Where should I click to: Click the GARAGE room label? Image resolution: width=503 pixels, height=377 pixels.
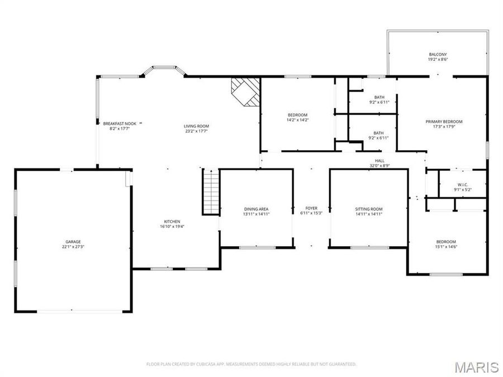[x=73, y=242]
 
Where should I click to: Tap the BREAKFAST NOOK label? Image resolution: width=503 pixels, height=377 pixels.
[x=120, y=123]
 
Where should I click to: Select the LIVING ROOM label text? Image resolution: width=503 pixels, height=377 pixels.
[x=196, y=126]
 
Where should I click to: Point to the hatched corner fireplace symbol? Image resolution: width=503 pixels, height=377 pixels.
[x=245, y=92]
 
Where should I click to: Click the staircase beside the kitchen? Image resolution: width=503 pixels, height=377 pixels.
[x=211, y=192]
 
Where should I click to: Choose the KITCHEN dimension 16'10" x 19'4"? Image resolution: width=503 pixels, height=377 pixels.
[x=172, y=226]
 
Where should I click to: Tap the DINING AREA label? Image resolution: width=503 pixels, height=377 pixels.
[x=256, y=209]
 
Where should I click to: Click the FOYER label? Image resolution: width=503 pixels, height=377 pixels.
[x=311, y=208]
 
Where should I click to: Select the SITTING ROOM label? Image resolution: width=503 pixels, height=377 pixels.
[x=369, y=209]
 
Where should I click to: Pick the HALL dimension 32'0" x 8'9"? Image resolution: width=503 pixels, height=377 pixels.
[x=380, y=166]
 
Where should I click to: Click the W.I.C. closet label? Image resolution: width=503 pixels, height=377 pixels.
[x=463, y=185]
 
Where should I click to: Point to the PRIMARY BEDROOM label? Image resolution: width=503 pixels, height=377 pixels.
[x=444, y=122]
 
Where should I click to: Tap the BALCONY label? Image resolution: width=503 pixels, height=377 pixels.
[x=438, y=55]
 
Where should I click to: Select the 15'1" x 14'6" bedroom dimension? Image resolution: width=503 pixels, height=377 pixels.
[x=446, y=246]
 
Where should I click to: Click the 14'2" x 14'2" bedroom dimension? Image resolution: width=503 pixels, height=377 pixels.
[x=297, y=120]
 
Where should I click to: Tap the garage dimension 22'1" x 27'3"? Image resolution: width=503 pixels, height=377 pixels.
[x=73, y=246]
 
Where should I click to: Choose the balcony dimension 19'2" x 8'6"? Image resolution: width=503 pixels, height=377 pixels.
[x=438, y=59]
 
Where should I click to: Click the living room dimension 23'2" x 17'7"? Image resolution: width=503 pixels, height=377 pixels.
[x=196, y=131]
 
